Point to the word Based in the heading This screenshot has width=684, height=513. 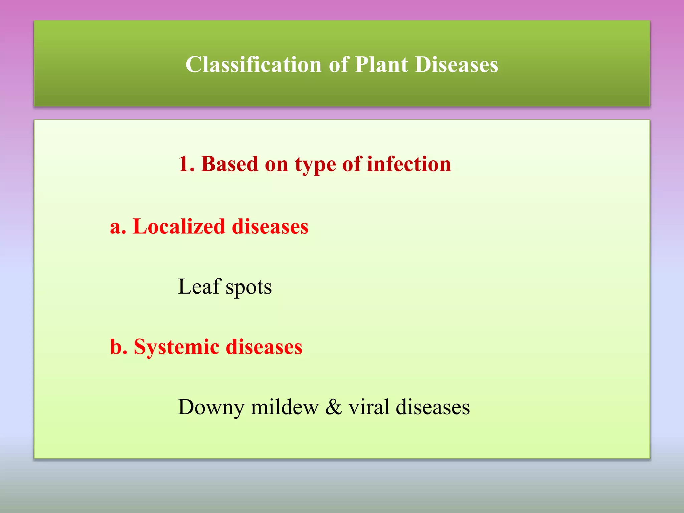[230, 164]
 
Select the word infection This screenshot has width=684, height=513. [409, 164]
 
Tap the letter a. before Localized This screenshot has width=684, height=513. [118, 227]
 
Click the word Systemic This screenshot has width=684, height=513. [177, 347]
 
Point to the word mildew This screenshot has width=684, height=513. [285, 407]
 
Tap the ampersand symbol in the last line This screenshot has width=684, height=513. [333, 407]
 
